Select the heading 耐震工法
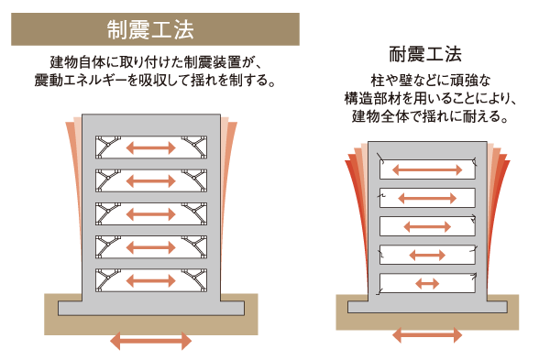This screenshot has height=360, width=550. coord(427,53)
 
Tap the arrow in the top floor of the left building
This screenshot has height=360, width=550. coord(151,148)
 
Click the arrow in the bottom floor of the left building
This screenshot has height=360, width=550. coord(151,279)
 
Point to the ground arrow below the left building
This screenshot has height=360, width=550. coord(151,342)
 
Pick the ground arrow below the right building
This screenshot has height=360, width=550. coord(427,336)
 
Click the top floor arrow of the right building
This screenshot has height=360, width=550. coord(427,169)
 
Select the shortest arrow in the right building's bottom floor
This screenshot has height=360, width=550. coord(427,283)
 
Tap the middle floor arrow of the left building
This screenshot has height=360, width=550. coord(151,214)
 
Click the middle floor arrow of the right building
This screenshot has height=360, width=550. coord(427,226)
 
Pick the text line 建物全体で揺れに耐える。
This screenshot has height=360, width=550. coord(427,117)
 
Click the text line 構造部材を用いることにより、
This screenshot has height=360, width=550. coord(427,99)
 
